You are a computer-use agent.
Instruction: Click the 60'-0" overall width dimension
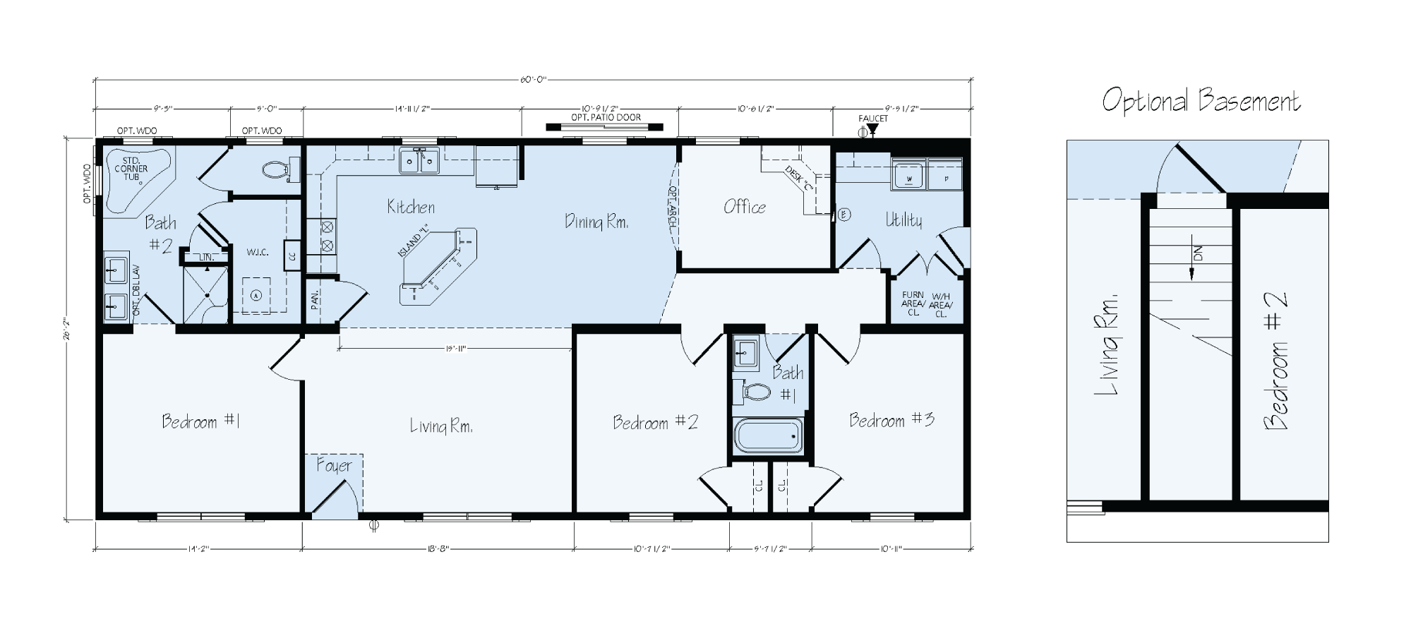(x=534, y=80)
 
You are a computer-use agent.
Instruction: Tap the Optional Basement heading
(x=1201, y=101)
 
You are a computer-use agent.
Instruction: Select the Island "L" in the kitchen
(x=436, y=265)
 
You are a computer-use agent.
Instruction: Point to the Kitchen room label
(x=411, y=207)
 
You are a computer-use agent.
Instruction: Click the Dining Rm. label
(x=596, y=222)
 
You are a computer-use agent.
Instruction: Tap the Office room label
(x=744, y=207)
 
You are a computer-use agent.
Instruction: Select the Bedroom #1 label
(x=201, y=421)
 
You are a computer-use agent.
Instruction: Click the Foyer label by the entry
(x=334, y=466)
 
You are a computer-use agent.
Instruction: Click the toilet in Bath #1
(x=755, y=392)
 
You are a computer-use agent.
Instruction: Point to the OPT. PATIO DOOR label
(x=606, y=117)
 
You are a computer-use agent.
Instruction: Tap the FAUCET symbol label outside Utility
(x=873, y=119)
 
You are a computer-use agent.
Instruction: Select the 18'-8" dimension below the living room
(x=438, y=548)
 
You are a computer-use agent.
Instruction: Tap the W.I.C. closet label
(x=257, y=252)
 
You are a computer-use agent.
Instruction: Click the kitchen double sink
(x=419, y=161)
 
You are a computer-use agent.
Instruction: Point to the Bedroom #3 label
(x=891, y=420)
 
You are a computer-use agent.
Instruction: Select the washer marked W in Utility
(x=908, y=174)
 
